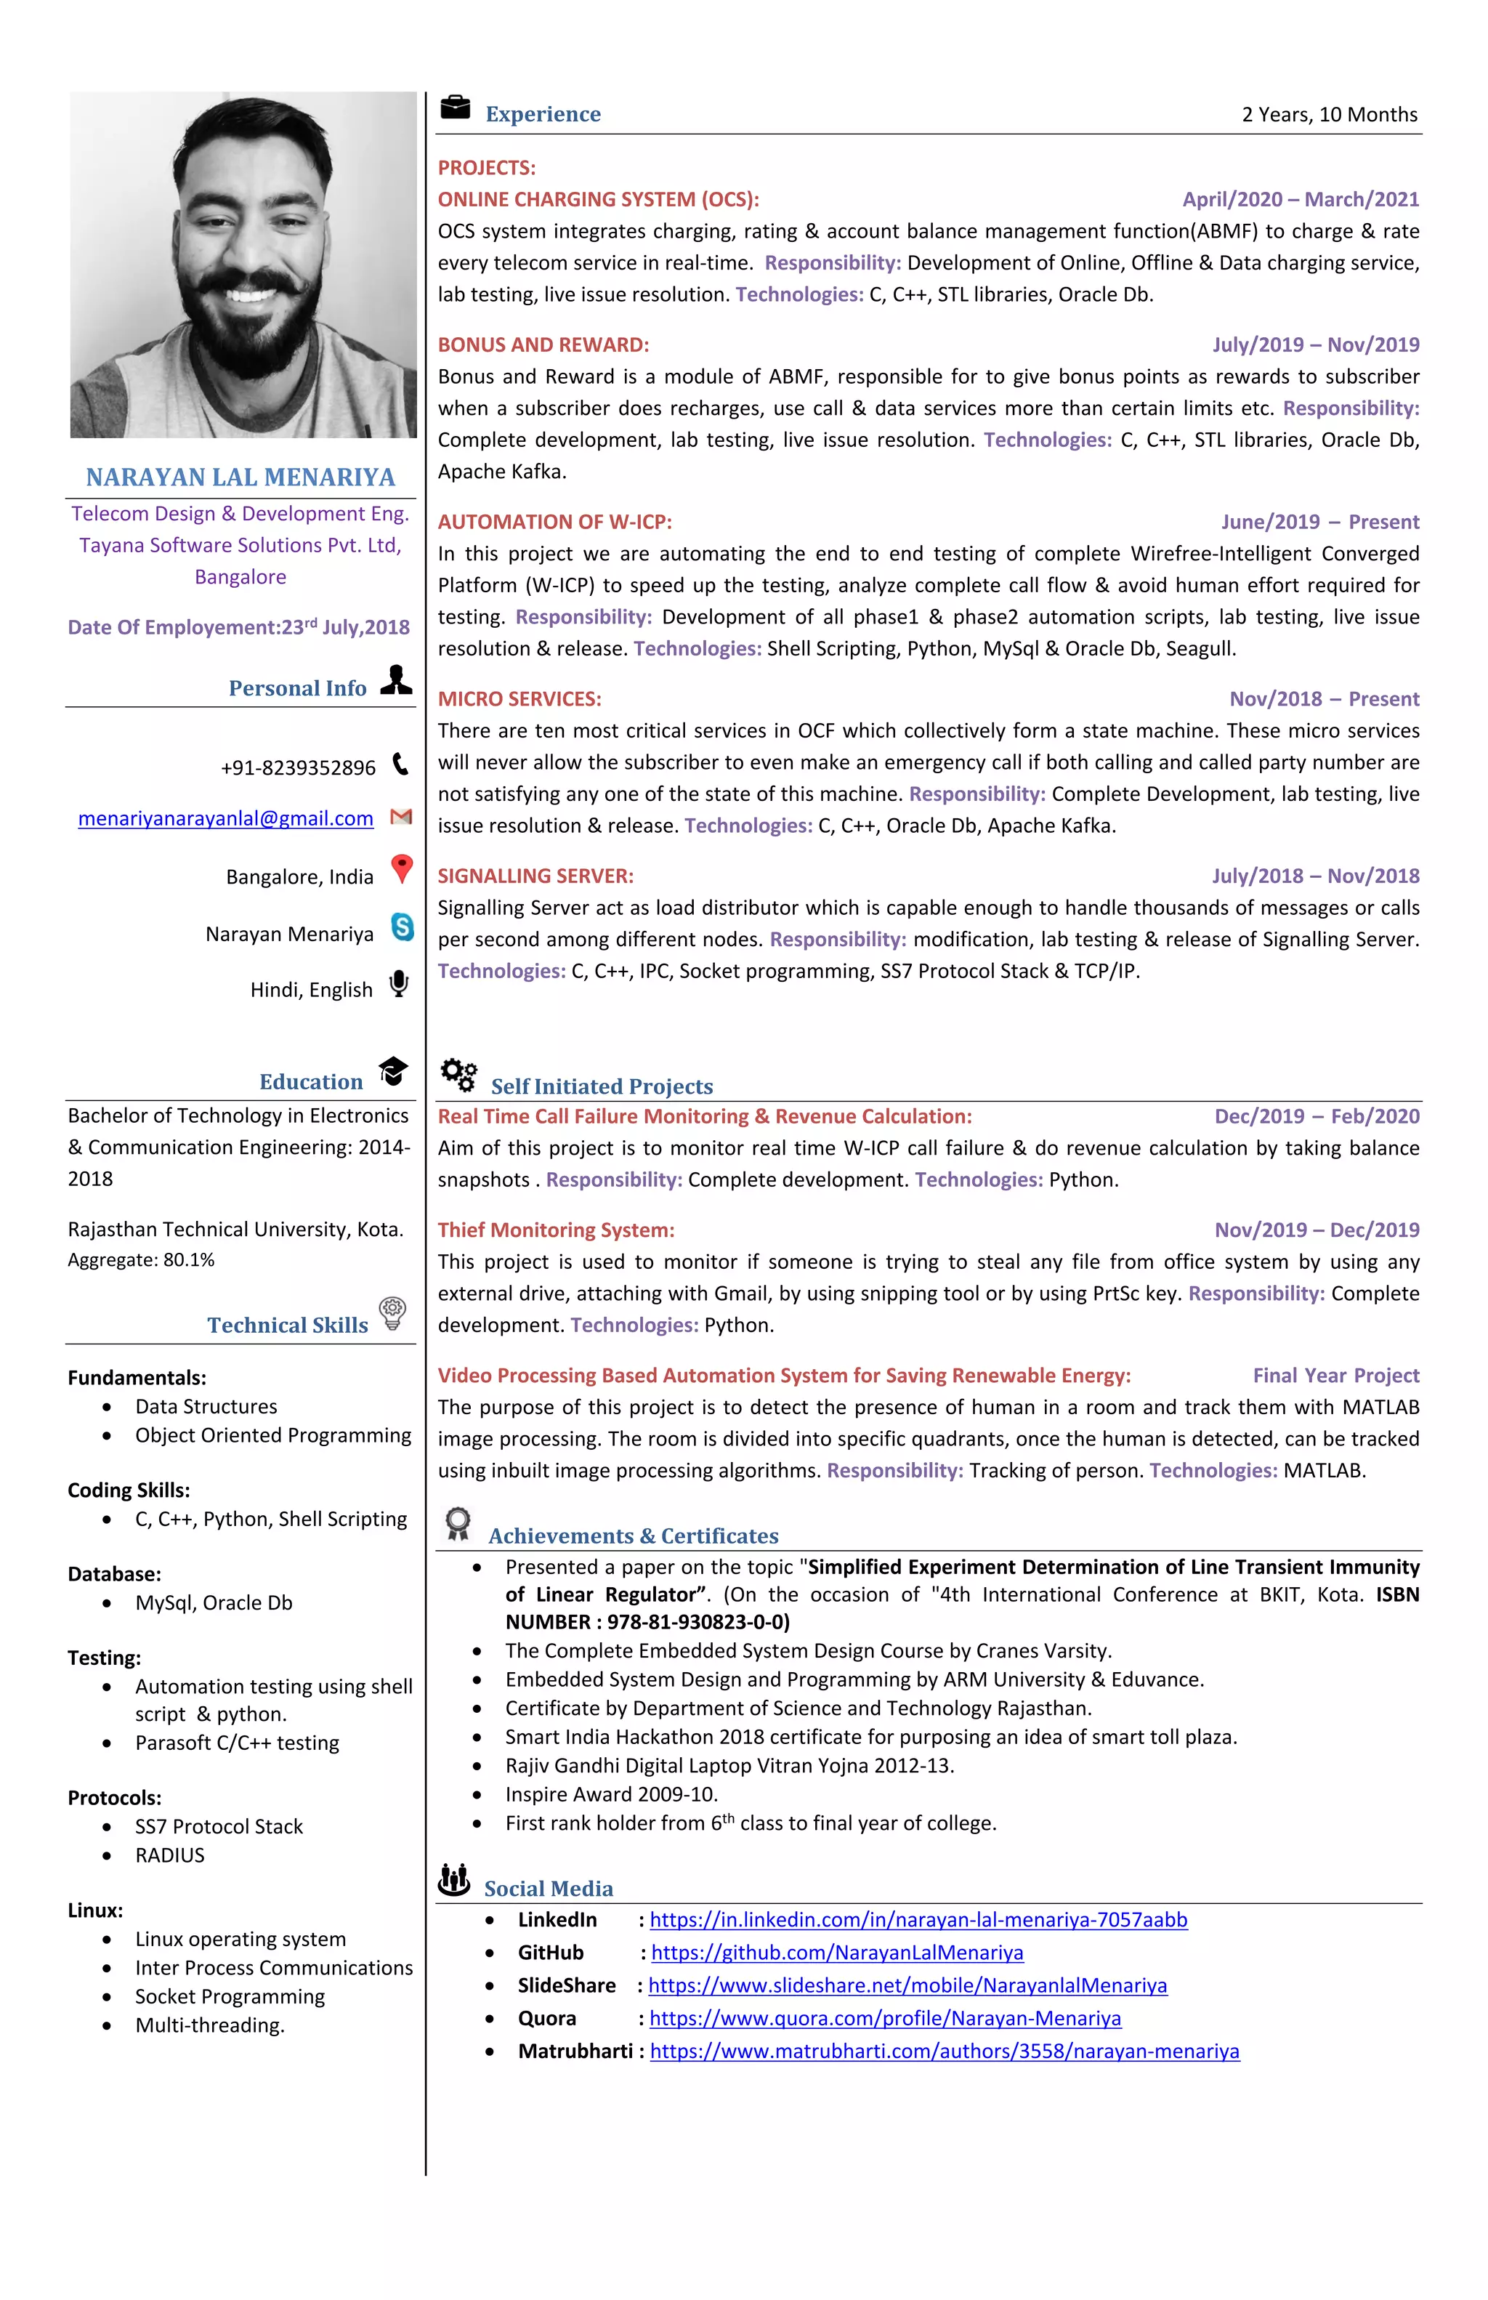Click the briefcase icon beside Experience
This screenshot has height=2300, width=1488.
click(x=455, y=108)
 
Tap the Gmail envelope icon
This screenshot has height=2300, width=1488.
click(x=401, y=818)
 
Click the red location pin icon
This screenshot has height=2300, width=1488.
click(x=402, y=869)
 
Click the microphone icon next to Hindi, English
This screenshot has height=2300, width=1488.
click(x=398, y=984)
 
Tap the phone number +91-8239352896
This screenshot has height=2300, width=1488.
click(x=298, y=768)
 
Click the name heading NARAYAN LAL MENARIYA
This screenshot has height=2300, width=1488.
click(x=240, y=477)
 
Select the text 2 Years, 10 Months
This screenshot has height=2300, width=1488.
click(x=1330, y=115)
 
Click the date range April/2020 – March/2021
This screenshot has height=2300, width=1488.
click(x=1301, y=200)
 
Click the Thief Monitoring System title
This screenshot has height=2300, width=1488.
click(x=556, y=1230)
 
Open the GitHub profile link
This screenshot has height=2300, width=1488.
click(x=837, y=1953)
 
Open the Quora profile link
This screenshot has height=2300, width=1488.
click(x=885, y=2019)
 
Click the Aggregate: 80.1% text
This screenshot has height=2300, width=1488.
click(x=141, y=1260)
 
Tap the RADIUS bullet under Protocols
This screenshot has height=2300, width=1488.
click(x=170, y=1855)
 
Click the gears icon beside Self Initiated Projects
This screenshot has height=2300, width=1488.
click(x=459, y=1075)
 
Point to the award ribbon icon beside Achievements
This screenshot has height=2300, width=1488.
click(x=458, y=1524)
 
